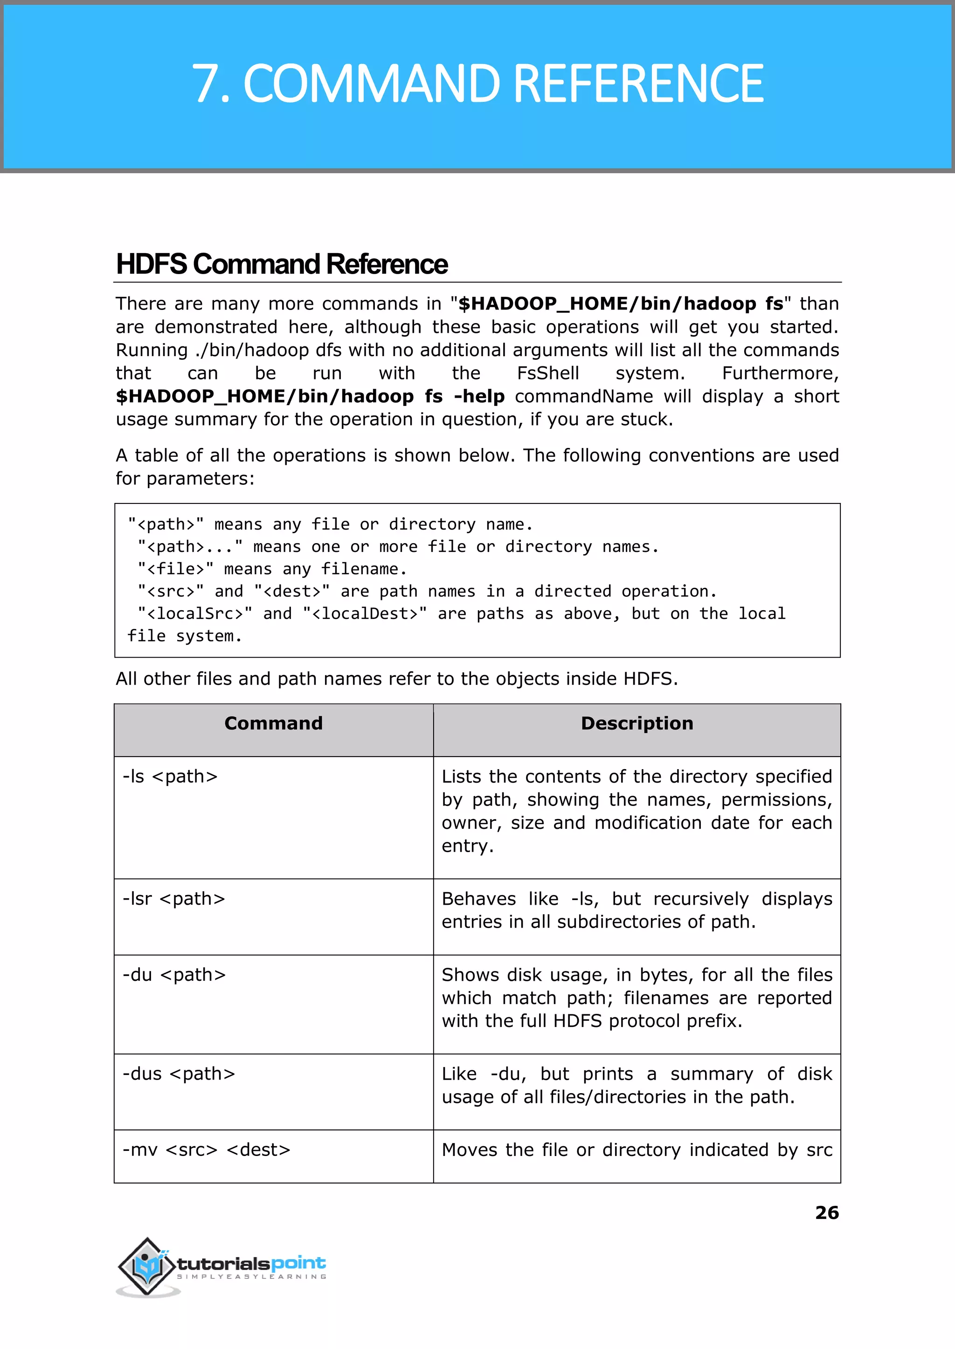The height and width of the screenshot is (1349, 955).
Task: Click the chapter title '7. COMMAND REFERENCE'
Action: pyautogui.click(x=477, y=84)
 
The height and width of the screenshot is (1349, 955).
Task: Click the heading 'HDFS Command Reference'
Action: pyautogui.click(x=281, y=264)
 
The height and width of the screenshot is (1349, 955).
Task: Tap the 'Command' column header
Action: pyautogui.click(x=273, y=723)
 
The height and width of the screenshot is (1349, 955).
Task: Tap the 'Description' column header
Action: pyautogui.click(x=637, y=723)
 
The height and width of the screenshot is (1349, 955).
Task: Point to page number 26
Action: pyautogui.click(x=826, y=1212)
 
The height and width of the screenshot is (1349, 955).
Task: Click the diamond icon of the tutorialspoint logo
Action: pyautogui.click(x=147, y=1266)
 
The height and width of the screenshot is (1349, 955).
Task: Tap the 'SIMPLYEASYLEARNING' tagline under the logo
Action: pyautogui.click(x=252, y=1277)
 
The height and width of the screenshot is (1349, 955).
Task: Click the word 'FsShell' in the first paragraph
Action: pyautogui.click(x=547, y=373)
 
